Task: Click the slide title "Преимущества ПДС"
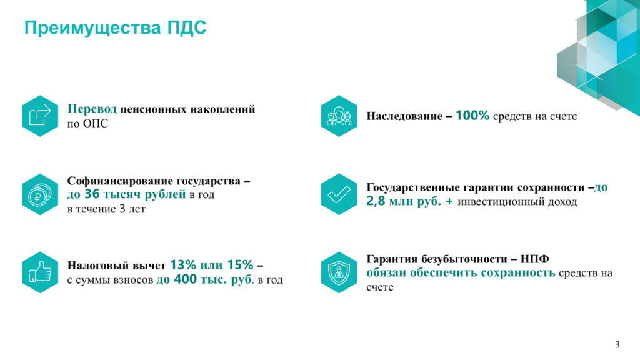point(116,28)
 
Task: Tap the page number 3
point(617,344)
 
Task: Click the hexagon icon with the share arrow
point(40,116)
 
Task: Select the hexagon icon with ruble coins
point(40,194)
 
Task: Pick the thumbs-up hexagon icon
point(40,272)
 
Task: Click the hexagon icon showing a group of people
point(339,116)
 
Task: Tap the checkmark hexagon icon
point(339,194)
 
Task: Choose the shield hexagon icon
point(339,272)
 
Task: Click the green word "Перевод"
point(92,109)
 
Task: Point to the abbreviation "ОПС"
point(96,124)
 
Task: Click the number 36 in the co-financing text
point(92,194)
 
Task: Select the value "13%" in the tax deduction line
point(183,265)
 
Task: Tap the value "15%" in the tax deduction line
point(241,265)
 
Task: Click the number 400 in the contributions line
point(185,279)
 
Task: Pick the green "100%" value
point(472,116)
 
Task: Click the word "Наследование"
point(404,116)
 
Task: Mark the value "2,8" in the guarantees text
point(376,201)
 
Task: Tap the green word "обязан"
point(386,272)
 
